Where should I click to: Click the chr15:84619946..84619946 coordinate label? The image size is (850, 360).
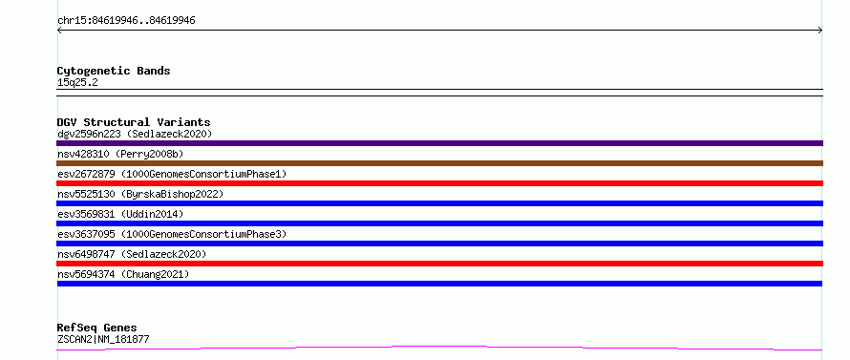[126, 21]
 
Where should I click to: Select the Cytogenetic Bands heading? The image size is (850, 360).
[114, 71]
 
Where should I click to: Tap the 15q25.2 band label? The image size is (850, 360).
[77, 83]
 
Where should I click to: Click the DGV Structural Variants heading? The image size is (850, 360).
[134, 122]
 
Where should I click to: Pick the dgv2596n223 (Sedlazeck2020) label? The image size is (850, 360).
[135, 134]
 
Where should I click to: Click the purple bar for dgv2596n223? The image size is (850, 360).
[439, 143]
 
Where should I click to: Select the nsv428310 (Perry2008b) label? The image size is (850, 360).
[120, 154]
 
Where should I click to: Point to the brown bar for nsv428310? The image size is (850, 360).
[439, 163]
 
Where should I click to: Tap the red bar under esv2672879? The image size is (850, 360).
[439, 183]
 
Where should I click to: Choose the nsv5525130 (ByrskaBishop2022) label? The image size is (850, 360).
[140, 194]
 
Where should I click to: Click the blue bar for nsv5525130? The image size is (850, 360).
[439, 203]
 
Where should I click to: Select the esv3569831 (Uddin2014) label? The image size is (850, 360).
[120, 214]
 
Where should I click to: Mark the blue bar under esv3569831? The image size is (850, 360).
[439, 223]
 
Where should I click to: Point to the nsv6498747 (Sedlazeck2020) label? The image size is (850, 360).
[132, 254]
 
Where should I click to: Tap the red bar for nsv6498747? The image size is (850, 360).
[439, 264]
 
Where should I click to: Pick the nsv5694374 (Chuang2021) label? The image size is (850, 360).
[123, 274]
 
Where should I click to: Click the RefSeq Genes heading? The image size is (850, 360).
[96, 328]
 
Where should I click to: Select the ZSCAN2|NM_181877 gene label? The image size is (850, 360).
[103, 339]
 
